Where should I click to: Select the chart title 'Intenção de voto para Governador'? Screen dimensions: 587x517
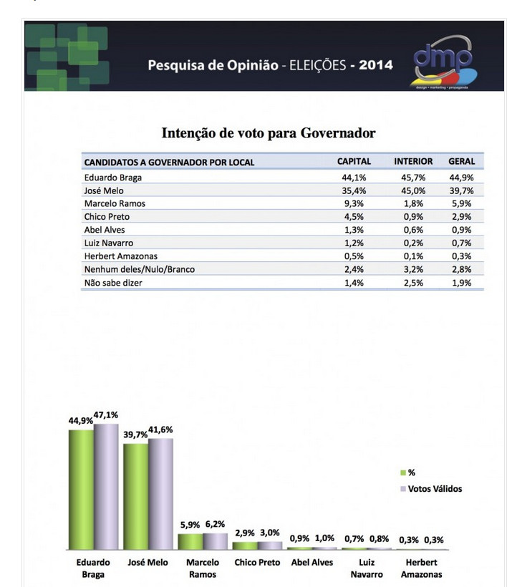click(269, 133)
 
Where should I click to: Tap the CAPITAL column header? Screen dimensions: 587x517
click(354, 162)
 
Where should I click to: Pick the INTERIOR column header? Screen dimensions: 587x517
click(413, 162)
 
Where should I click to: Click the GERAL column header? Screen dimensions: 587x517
click(462, 162)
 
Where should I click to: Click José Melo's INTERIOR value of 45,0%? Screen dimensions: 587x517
click(413, 190)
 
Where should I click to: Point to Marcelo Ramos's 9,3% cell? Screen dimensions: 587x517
click(354, 203)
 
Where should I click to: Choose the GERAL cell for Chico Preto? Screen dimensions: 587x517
click(462, 217)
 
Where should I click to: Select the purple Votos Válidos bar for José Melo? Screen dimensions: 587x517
click(160, 494)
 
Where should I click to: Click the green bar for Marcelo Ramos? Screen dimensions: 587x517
click(190, 541)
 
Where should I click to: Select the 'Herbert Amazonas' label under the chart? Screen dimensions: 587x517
click(421, 568)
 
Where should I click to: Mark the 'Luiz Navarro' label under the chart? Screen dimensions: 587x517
click(367, 568)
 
